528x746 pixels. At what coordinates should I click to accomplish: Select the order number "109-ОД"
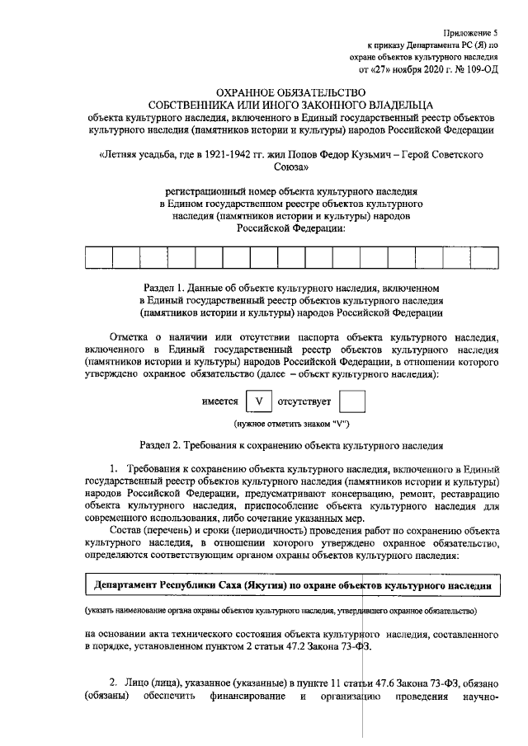(x=478, y=72)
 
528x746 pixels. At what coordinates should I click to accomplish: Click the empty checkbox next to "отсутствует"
(x=352, y=401)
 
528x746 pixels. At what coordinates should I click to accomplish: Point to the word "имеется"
(x=219, y=401)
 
